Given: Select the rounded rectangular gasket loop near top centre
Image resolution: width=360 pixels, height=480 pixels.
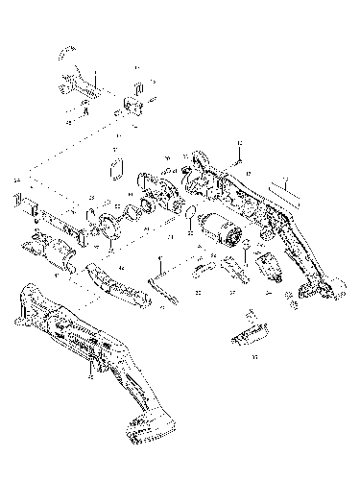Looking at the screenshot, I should click(117, 170).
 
